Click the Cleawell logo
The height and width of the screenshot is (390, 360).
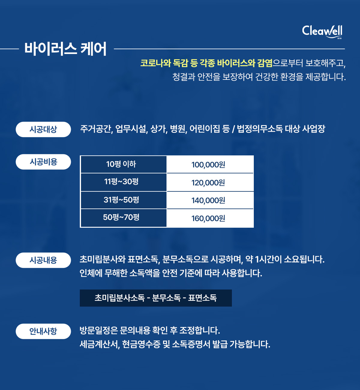pos(322,31)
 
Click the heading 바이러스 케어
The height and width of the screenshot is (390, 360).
pos(65,49)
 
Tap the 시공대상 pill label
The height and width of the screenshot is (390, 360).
pos(43,129)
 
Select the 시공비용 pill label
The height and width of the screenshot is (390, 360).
pos(43,162)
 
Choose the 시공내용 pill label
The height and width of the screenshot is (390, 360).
pos(43,260)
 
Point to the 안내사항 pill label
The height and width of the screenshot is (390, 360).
pos(43,331)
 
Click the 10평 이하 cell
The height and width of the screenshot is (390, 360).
pos(124,164)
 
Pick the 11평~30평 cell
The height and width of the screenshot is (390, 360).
pos(124,182)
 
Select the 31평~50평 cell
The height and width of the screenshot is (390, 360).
pos(124,200)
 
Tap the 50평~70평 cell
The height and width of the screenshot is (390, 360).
pos(124,218)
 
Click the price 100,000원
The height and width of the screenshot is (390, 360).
pos(208,165)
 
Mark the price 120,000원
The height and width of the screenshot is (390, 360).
pos(208,183)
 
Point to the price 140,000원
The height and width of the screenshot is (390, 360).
pos(208,200)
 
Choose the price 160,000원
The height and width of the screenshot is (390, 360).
pos(208,218)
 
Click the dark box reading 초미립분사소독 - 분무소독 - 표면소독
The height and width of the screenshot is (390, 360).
pos(156,298)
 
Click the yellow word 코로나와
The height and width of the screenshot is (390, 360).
pos(156,63)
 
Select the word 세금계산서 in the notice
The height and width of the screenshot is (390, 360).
pos(100,344)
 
